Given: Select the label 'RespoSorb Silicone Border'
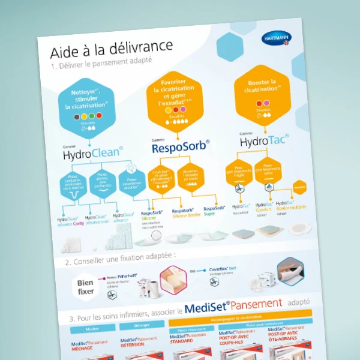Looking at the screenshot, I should pyautogui.click(x=186, y=213).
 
